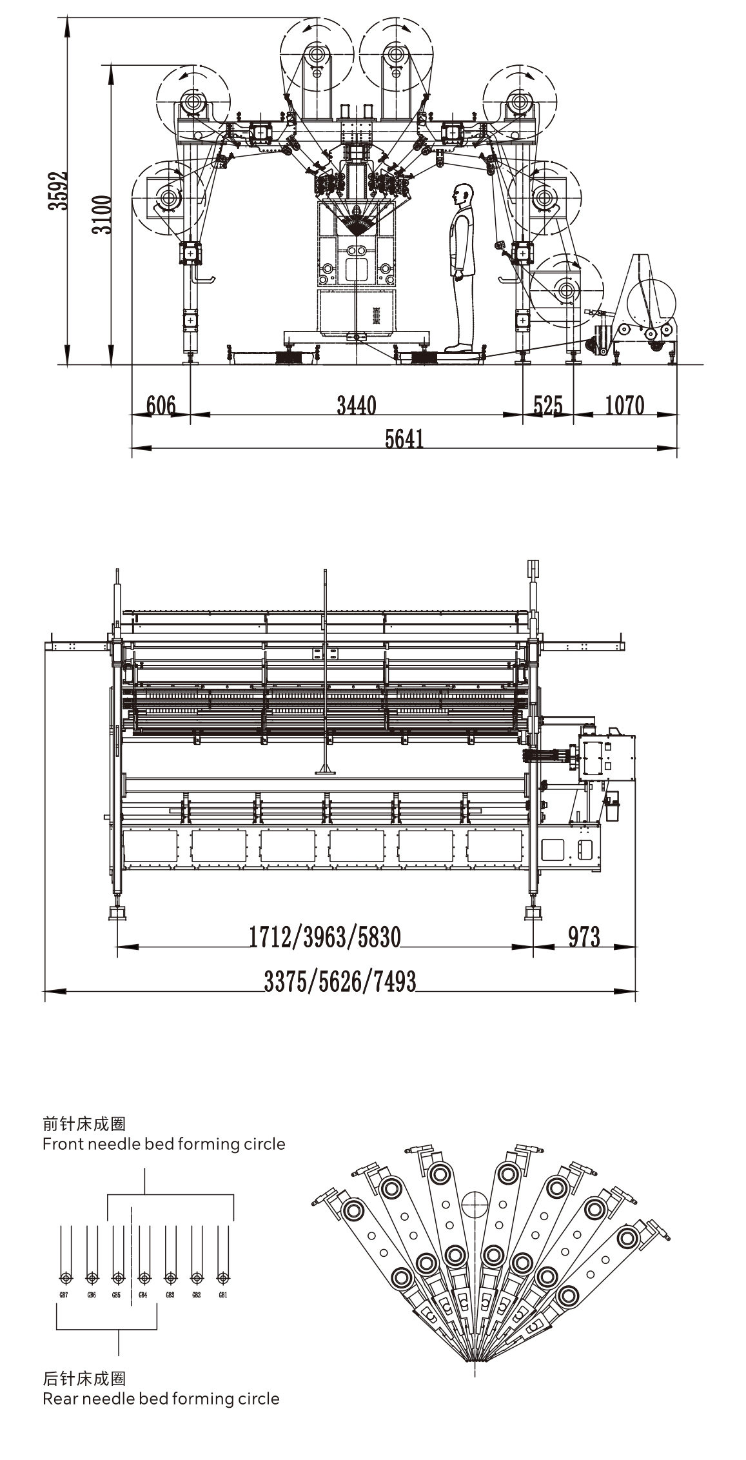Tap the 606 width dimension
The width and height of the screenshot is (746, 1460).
(161, 406)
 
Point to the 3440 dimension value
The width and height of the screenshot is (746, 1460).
(357, 406)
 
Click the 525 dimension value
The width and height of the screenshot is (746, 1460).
(547, 406)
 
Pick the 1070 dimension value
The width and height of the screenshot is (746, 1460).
(624, 406)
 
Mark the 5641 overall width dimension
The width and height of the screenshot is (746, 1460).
(404, 439)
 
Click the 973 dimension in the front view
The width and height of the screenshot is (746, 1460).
(584, 936)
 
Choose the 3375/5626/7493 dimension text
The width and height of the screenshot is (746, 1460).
(340, 981)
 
